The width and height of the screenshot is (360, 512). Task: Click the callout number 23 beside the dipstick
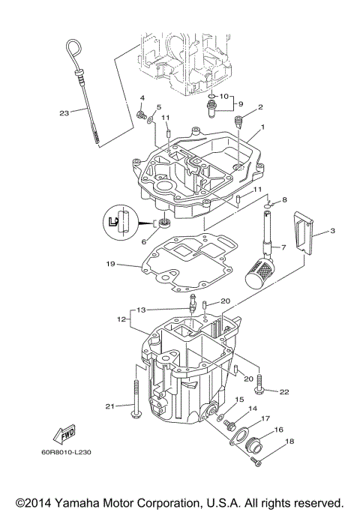[x=64, y=113]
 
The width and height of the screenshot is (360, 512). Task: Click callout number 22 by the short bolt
[x=283, y=391]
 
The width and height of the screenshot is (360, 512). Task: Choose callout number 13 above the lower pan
[x=140, y=309]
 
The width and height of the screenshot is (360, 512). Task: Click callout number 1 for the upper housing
[x=262, y=127]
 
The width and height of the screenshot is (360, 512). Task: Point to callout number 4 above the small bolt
[x=141, y=98]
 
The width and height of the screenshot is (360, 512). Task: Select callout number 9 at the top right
[x=240, y=103]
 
